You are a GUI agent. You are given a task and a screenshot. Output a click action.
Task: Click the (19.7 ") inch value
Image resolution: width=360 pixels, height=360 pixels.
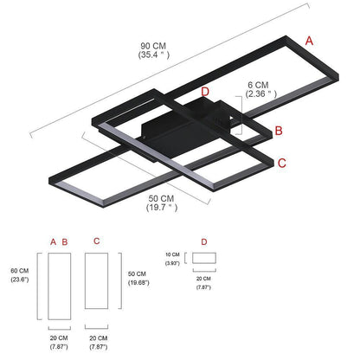[x=160, y=207]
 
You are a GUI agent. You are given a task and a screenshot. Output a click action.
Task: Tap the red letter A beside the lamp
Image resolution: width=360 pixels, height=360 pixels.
[x=310, y=41]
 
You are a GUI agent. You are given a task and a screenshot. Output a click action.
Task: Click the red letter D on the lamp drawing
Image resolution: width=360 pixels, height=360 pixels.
[x=204, y=92]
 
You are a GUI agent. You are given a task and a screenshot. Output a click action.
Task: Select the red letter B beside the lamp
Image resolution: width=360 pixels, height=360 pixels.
[x=279, y=131]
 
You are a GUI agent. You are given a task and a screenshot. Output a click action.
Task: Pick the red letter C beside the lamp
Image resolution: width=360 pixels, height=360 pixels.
[x=283, y=162]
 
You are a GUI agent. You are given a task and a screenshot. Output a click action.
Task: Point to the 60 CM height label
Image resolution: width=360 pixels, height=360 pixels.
[x=19, y=269]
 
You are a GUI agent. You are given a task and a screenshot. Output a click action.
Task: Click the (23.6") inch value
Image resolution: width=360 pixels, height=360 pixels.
[x=19, y=280]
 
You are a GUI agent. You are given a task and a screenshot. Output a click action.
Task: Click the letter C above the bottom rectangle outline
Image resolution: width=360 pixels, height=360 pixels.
[x=96, y=241]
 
